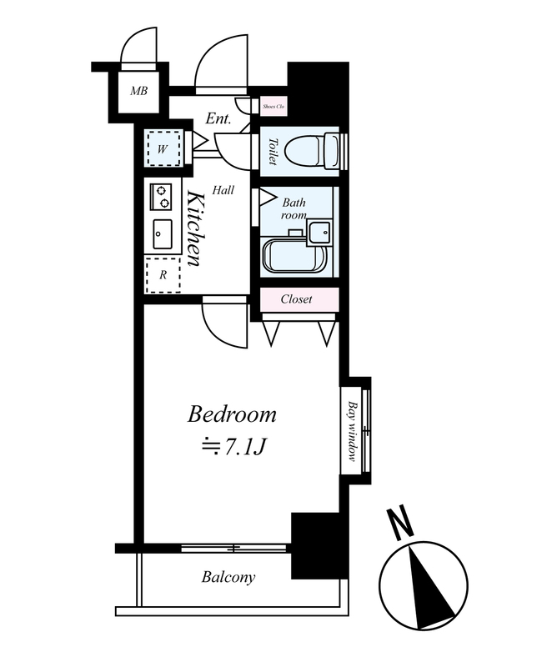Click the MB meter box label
pos(138,91)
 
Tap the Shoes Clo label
pos(273,107)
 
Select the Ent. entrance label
pos(218,118)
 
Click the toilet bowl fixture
pos(312,152)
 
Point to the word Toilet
pos(273,152)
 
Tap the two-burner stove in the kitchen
pos(161,196)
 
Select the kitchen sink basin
pos(162,234)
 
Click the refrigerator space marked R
pos(163,275)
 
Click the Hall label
pos(223,190)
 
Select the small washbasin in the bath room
pos(319,233)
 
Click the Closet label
pos(296,299)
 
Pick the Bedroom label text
pos(232,414)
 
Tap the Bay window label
pos(352,430)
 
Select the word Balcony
pos(228,577)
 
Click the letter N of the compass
pos(400,524)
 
